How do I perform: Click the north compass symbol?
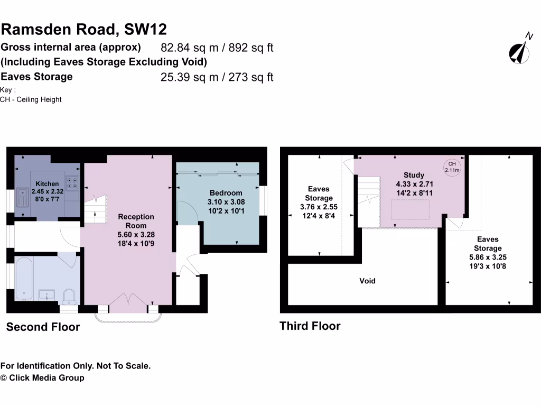point(521,49)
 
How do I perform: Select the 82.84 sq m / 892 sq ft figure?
point(217,48)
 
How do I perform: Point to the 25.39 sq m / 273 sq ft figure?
point(217,77)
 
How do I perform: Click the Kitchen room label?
point(48,183)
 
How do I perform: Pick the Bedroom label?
point(226,193)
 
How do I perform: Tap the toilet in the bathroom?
point(68,296)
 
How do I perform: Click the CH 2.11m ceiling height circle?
point(452,167)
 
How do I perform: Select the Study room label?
point(414,175)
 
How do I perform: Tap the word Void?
point(367,281)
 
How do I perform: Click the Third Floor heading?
point(310,326)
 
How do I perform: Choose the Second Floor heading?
point(43,327)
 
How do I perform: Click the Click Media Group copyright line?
point(42,377)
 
